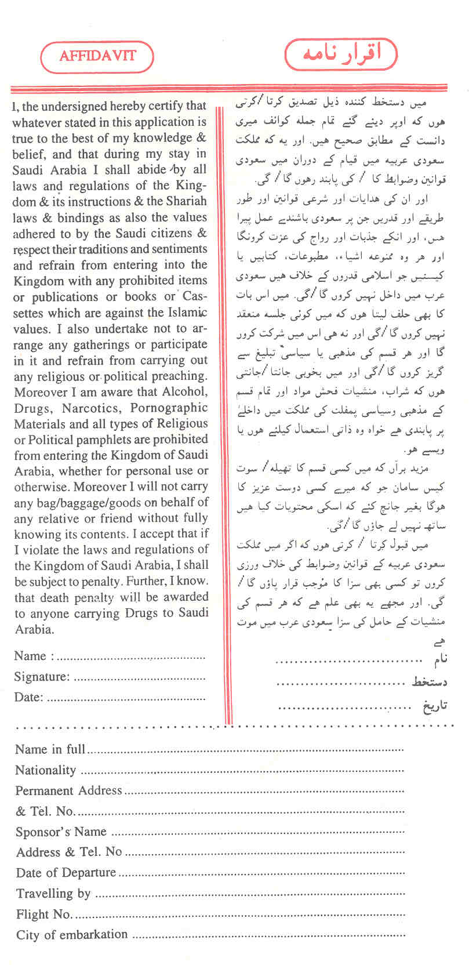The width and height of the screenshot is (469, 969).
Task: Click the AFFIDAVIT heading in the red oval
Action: pyautogui.click(x=97, y=56)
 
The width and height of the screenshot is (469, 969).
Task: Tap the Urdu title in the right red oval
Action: pyautogui.click(x=341, y=55)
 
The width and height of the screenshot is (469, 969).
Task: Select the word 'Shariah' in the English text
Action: pyautogui.click(x=185, y=201)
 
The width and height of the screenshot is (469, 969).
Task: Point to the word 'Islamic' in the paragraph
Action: pyautogui.click(x=186, y=313)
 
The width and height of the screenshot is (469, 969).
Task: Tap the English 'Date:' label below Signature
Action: pyautogui.click(x=28, y=697)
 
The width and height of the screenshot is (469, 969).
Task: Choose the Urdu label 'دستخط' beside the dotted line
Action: pyautogui.click(x=430, y=682)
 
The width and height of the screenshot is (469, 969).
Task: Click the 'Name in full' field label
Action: pyautogui.click(x=50, y=749)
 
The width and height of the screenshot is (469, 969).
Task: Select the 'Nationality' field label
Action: pyautogui.click(x=45, y=770)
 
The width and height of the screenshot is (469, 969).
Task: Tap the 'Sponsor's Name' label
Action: pyautogui.click(x=61, y=832)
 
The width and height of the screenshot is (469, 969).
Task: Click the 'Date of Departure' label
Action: pyautogui.click(x=66, y=873)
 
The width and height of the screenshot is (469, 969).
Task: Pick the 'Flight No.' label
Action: pyautogui.click(x=44, y=914)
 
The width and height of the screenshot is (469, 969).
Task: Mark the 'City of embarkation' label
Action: pyautogui.click(x=72, y=935)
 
